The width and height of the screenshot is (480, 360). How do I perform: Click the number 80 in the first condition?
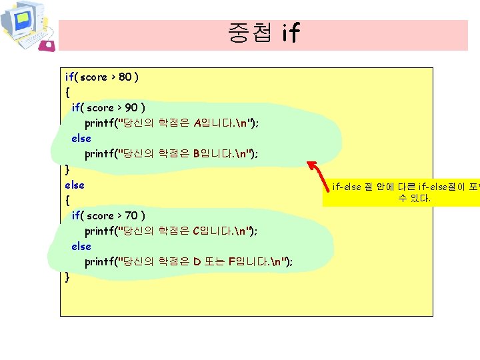pos(125,77)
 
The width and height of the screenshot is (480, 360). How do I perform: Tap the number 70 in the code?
pos(132,216)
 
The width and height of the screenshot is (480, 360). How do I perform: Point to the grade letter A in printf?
pos(197,123)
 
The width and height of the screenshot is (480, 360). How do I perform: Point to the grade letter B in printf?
pos(197,154)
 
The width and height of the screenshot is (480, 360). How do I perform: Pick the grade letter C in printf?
pos(197,231)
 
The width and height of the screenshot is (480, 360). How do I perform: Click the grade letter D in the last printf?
pos(197,262)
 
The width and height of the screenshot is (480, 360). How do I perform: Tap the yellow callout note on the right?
pos(401,192)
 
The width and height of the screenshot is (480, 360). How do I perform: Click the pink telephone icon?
pos(47,45)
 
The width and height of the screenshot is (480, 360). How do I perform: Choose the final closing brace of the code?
pos(67,277)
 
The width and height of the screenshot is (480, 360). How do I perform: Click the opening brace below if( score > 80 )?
pos(67,93)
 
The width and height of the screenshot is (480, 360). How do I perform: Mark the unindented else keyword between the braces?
pos(75,185)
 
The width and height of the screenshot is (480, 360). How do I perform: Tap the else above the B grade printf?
pos(81,139)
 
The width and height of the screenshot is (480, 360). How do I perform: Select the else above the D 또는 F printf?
pos(81,247)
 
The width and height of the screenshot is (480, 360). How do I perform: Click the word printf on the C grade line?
pos(99,231)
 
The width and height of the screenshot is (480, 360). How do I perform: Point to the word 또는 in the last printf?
pos(213,262)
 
